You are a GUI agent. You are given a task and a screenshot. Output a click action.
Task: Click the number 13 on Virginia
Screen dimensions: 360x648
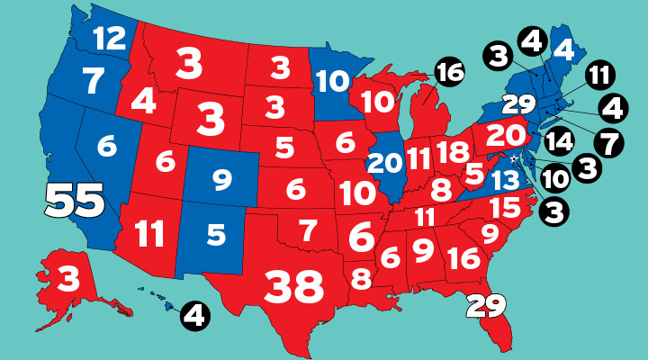pos(503,180)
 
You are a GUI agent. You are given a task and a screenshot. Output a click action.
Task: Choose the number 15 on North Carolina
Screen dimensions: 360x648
pos(505,209)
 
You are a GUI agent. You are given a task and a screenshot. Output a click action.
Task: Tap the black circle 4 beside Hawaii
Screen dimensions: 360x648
pos(195,315)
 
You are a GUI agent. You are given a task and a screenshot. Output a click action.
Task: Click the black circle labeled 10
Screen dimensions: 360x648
pos(555,178)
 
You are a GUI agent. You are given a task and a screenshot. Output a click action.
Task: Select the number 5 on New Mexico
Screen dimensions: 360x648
pos(215,235)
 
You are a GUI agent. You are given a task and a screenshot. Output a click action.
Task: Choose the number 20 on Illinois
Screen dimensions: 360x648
pos(386,164)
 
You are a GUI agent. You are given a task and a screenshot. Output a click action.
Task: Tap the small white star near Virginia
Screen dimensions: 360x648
pos(514,159)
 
